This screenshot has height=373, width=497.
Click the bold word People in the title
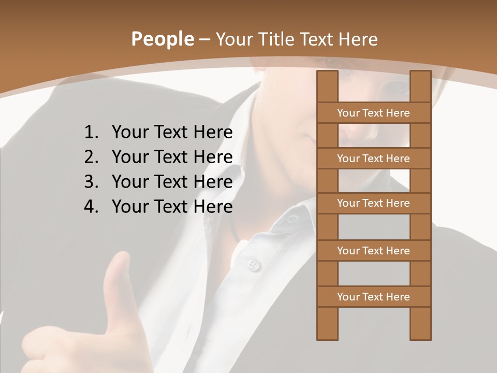[162, 39]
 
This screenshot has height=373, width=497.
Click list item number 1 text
[172, 133]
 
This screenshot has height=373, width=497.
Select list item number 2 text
[172, 157]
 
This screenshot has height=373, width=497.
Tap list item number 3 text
[172, 182]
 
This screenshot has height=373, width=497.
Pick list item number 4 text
[172, 207]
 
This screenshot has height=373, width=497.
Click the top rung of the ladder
[373, 113]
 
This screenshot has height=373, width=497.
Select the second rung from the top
[373, 159]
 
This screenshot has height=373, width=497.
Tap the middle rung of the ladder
[373, 203]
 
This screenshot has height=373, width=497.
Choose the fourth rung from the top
[373, 251]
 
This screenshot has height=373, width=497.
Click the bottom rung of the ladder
[373, 297]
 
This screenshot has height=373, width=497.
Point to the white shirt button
[252, 265]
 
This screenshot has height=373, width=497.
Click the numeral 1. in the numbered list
[91, 133]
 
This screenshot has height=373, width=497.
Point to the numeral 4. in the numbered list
[91, 207]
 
